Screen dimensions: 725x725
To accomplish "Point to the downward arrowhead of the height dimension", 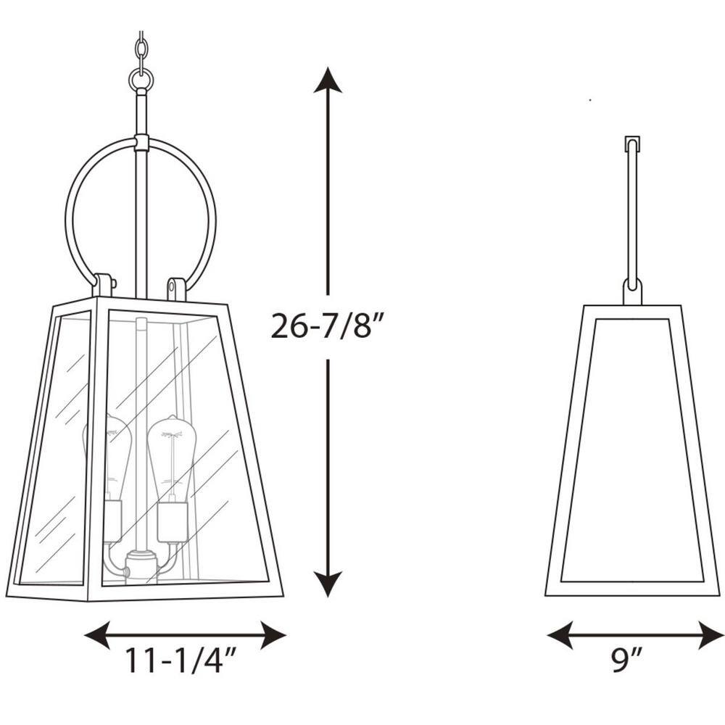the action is click(328, 584).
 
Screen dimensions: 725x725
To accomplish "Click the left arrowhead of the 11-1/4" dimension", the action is click(97, 635).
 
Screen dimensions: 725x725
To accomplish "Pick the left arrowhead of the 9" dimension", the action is click(560, 635).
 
